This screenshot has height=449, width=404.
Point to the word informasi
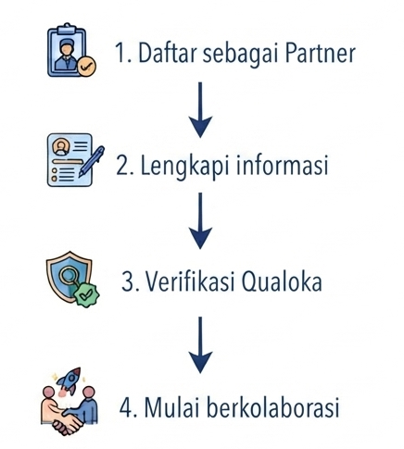[x=282, y=165]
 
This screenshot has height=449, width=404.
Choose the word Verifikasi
[x=190, y=281]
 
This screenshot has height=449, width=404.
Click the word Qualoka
[x=282, y=281]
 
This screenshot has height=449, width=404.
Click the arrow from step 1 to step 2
[x=200, y=109]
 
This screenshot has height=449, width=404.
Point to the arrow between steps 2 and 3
[x=200, y=220]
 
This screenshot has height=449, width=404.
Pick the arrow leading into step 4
[x=200, y=345]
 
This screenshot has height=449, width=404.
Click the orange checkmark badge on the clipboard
[x=86, y=66]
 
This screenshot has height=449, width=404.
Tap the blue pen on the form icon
[x=92, y=161]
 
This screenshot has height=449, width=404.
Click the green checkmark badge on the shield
[x=86, y=294]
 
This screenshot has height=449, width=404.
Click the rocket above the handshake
[x=70, y=380]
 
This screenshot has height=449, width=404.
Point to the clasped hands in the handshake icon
[x=68, y=421]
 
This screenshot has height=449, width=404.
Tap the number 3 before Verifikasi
[x=127, y=281]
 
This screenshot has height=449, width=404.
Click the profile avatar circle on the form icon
[x=61, y=147]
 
